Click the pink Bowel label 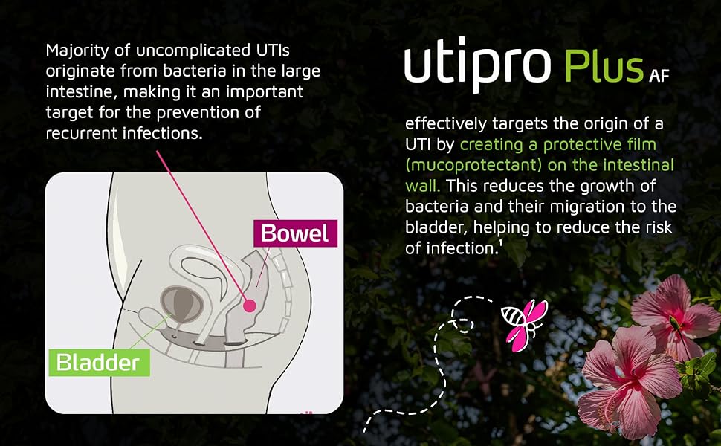(295, 233)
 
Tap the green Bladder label (98, 362)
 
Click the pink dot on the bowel (250, 305)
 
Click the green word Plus (603, 67)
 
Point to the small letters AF (658, 76)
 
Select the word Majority (74, 51)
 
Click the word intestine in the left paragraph (76, 93)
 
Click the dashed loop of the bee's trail (462, 322)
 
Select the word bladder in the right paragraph (431, 227)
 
